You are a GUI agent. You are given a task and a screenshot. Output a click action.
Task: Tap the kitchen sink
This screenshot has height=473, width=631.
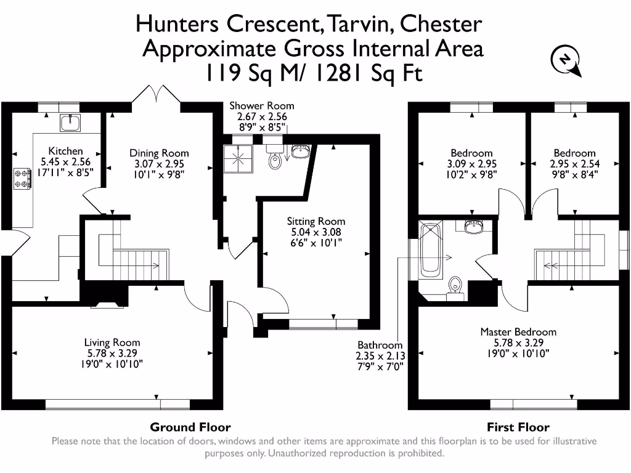point(70,123)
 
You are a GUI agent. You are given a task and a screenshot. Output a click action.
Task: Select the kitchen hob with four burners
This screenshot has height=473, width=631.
point(22,179)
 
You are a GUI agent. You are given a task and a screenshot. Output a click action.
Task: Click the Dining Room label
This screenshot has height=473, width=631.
point(159,153)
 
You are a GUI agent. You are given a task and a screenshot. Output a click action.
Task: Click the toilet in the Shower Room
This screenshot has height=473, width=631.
point(275,161)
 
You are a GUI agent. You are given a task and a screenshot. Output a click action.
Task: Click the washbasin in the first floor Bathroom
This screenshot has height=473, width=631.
point(474,227)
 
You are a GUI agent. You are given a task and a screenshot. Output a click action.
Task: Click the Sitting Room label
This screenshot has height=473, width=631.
point(316,221)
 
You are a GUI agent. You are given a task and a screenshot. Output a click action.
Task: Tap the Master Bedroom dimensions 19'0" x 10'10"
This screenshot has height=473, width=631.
point(518,354)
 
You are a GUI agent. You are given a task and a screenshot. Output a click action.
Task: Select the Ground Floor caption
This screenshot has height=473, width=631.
point(190,427)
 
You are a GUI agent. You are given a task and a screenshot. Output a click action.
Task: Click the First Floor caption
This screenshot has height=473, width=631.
point(518,427)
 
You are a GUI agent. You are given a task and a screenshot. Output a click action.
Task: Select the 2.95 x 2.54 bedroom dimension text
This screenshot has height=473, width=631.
point(574,164)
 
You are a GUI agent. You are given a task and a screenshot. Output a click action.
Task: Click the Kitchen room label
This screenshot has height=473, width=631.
point(66,151)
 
